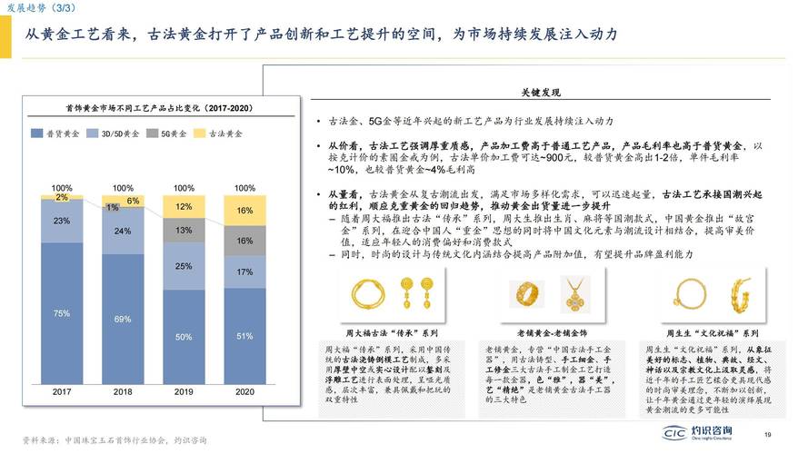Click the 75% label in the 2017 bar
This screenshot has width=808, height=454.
pos(62,313)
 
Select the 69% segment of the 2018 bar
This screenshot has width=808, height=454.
pos(123,320)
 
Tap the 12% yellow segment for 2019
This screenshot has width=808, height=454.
pos(184,206)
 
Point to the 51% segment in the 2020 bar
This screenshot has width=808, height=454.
pos(244,336)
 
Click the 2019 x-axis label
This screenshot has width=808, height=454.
pos(184,392)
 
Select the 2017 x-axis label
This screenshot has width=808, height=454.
pos(62,392)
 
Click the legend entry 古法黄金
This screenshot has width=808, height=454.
pos(219,133)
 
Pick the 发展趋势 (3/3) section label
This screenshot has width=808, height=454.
pos(31,7)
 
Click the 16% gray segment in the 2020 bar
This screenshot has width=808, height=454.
pos(244,241)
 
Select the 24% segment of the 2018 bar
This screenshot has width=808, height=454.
pos(123,232)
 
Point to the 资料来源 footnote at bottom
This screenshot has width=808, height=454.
pos(114,440)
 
